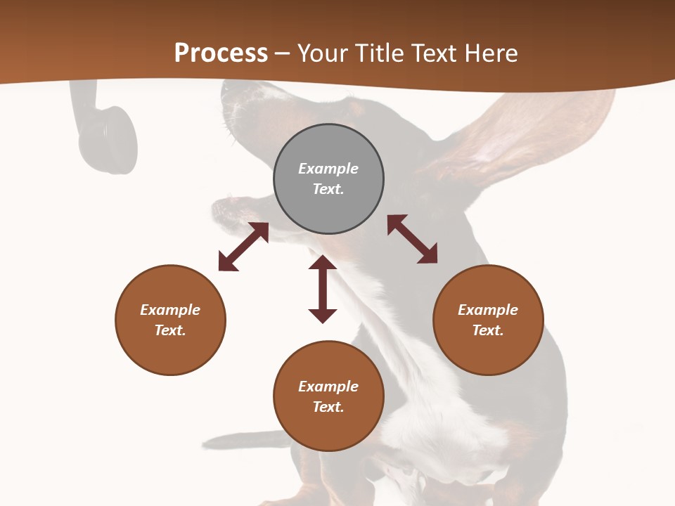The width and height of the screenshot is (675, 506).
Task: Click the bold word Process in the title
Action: (221, 53)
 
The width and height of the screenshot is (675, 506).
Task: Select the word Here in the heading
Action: (490, 53)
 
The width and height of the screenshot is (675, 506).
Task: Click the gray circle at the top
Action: (328, 179)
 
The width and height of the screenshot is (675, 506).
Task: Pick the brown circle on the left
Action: (170, 320)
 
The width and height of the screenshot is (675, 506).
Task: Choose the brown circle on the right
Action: (488, 320)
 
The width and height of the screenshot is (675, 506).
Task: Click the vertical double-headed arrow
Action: (323, 289)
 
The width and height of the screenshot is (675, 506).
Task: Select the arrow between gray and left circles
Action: (243, 247)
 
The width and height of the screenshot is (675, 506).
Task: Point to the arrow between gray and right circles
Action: (412, 239)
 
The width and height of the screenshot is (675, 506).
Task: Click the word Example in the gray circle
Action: (328, 169)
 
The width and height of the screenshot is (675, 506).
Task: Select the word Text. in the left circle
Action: (170, 330)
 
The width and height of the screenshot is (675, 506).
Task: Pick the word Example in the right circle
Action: (488, 310)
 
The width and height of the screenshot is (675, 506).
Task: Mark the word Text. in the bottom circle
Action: (328, 407)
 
